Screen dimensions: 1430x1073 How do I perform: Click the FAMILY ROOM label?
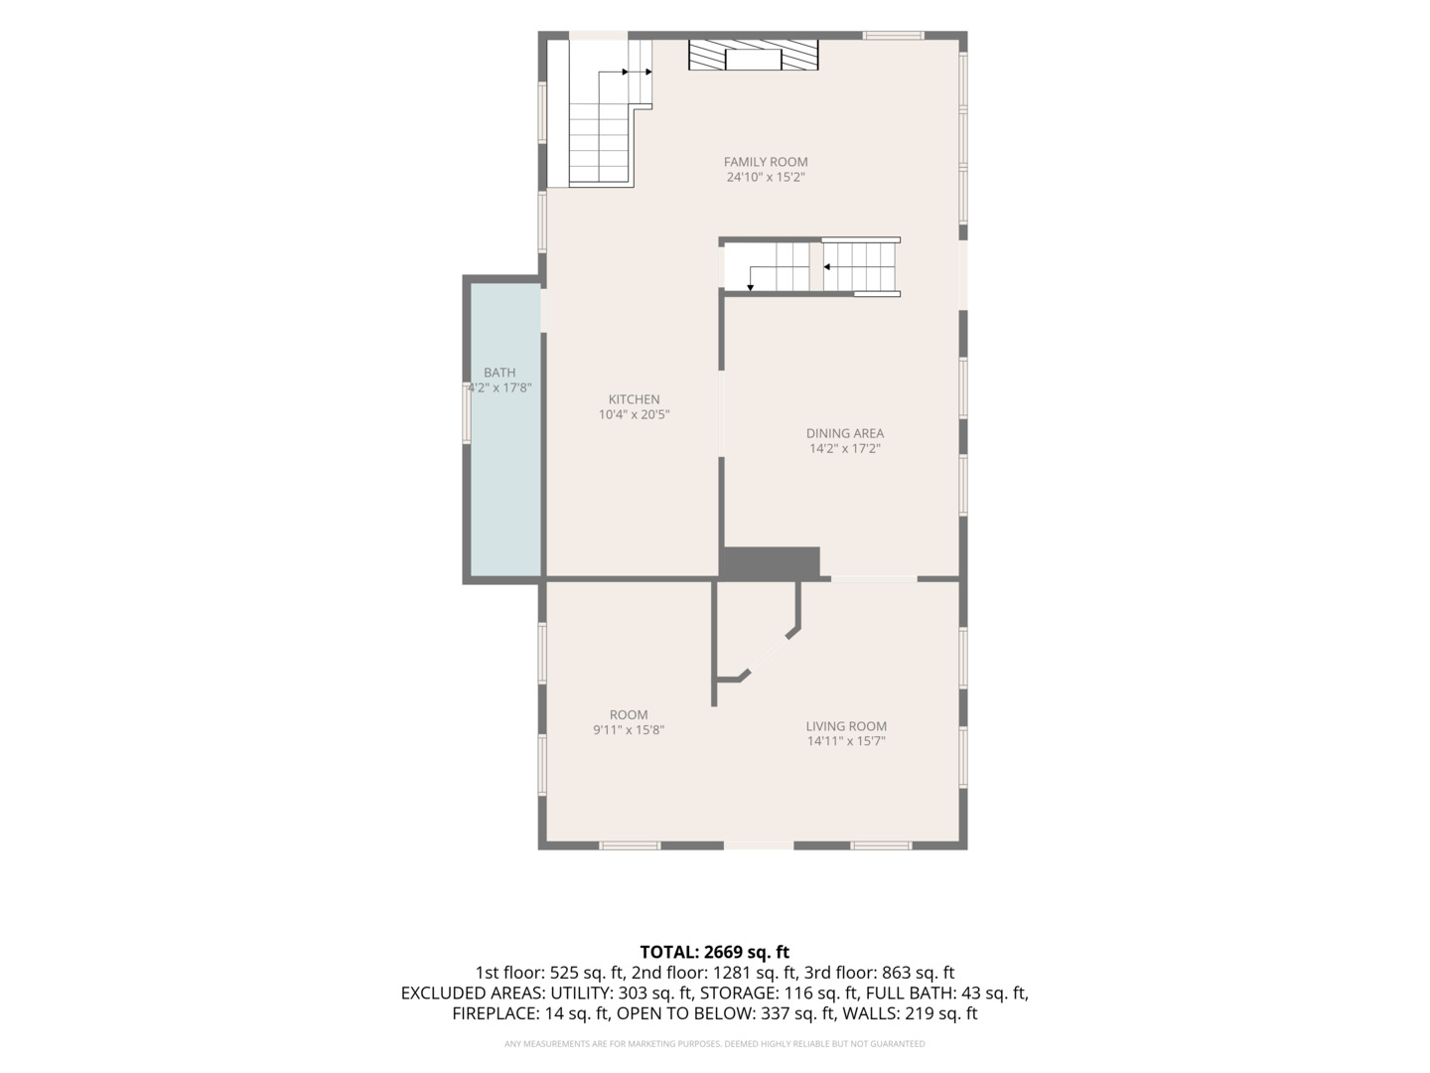766,162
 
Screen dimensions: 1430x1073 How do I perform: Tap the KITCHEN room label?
634,399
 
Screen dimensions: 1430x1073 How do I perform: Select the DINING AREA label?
845,433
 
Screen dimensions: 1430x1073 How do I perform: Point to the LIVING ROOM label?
846,725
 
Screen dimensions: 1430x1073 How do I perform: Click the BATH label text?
500,373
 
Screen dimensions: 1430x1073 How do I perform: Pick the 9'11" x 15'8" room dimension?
629,729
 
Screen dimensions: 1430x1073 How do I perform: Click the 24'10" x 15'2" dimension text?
766,177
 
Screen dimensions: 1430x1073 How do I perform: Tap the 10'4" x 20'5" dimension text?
634,414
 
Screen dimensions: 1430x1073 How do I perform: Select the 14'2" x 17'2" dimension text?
845,448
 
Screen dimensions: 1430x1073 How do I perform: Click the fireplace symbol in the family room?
753,55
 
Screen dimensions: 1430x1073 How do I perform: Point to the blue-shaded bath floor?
505,430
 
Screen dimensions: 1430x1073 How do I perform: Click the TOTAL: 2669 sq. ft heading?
715,952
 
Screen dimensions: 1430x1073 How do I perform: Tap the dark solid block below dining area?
772,562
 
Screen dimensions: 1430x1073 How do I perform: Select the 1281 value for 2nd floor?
727,973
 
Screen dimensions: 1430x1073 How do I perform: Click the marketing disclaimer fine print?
715,1043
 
